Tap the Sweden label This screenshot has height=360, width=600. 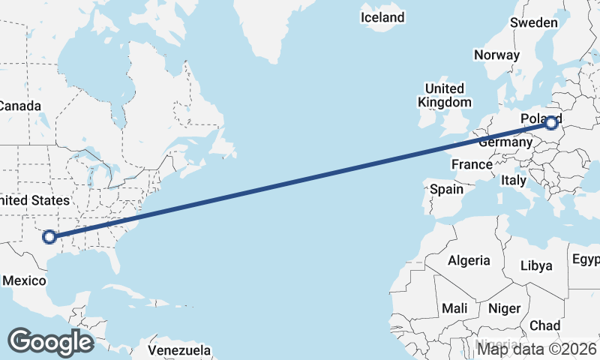tap(534, 22)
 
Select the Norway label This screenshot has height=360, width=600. tap(496, 55)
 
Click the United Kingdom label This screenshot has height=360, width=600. tap(445, 95)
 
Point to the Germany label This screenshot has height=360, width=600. tap(505, 142)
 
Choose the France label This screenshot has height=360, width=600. tap(472, 164)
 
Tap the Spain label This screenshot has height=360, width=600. tap(446, 189)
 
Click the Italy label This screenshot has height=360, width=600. tap(514, 180)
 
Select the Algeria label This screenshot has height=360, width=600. tap(469, 260)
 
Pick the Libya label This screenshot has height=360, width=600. tap(536, 265)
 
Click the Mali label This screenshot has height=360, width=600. tap(455, 308)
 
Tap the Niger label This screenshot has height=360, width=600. tap(505, 308)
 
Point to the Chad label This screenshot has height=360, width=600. tap(545, 325)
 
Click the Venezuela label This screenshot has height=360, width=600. tap(179, 350)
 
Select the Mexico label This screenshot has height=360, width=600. tap(25, 280)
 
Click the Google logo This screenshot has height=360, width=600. tap(50, 341)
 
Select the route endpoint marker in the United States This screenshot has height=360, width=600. tap(49, 237)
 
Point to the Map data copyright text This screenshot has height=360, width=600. tap(537, 348)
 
